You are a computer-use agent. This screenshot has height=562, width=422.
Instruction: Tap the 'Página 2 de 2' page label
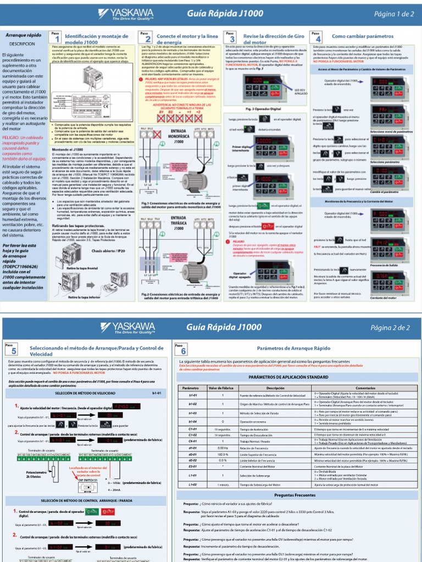tap(391, 328)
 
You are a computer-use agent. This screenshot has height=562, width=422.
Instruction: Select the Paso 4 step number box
tap(316, 37)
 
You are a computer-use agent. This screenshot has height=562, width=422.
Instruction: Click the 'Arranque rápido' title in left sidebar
tap(23, 35)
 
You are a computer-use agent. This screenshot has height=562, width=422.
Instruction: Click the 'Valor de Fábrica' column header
tap(223, 387)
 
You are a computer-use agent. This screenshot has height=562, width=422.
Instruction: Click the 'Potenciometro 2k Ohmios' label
tap(21, 474)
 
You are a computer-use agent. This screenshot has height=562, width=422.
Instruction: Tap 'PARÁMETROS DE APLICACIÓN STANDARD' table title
tap(296, 378)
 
